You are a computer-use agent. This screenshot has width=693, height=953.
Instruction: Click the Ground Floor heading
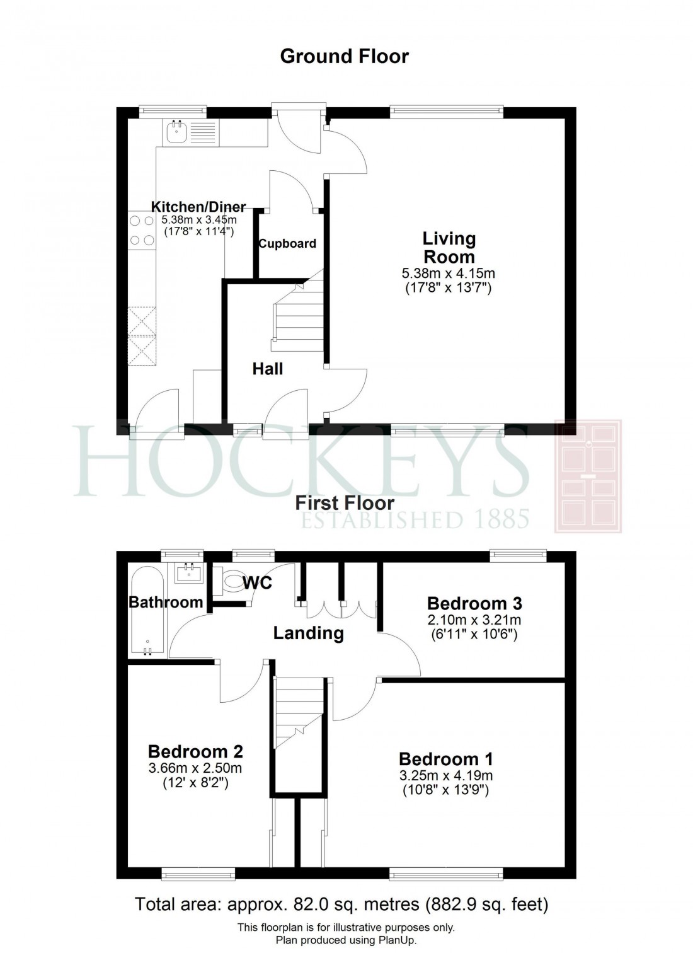[344, 57]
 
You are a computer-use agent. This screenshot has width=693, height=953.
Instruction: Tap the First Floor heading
[345, 503]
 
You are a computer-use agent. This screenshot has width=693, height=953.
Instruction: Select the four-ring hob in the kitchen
[142, 230]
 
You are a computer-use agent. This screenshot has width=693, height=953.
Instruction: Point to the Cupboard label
[287, 244]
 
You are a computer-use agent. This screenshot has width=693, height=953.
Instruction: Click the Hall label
[268, 369]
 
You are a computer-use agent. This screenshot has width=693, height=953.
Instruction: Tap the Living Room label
[449, 248]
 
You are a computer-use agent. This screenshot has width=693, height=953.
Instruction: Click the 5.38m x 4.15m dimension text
[449, 274]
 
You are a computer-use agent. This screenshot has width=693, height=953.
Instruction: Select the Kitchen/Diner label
[198, 207]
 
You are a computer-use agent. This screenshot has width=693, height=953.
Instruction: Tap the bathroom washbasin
[188, 573]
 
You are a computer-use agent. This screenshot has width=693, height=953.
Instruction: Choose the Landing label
[308, 633]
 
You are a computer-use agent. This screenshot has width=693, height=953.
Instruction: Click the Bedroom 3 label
[474, 604]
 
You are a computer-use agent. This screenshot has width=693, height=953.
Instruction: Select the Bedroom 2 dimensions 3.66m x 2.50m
[195, 768]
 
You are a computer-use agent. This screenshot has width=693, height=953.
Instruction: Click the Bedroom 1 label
[446, 759]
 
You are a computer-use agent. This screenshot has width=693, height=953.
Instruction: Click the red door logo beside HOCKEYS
[588, 477]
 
